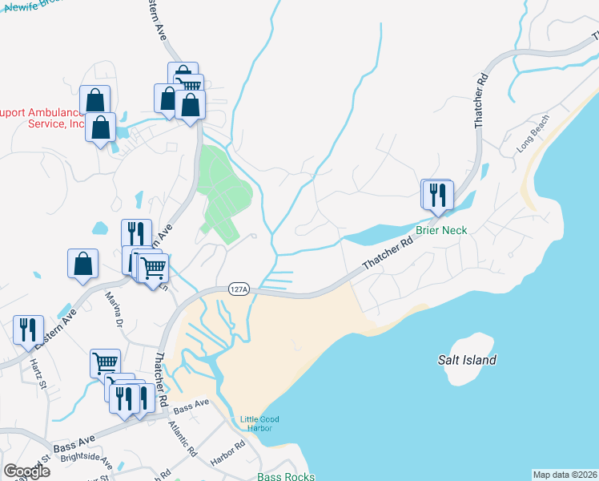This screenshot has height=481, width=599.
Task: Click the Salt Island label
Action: [x=467, y=360]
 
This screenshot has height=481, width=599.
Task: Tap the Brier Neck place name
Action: [x=441, y=230]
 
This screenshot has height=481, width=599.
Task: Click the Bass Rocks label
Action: [x=282, y=476]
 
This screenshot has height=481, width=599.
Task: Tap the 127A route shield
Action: [x=239, y=289]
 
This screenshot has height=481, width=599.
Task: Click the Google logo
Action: [x=26, y=471]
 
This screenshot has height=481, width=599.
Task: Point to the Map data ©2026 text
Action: [x=565, y=475]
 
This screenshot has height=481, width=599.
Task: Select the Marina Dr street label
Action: [x=114, y=311]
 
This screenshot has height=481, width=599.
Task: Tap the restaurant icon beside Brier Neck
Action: [x=438, y=194]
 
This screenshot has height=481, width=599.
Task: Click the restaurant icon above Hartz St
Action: [x=29, y=329]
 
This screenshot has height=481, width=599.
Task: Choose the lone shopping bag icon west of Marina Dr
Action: [x=84, y=262]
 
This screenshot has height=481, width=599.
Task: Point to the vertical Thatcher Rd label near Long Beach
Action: [x=481, y=102]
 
